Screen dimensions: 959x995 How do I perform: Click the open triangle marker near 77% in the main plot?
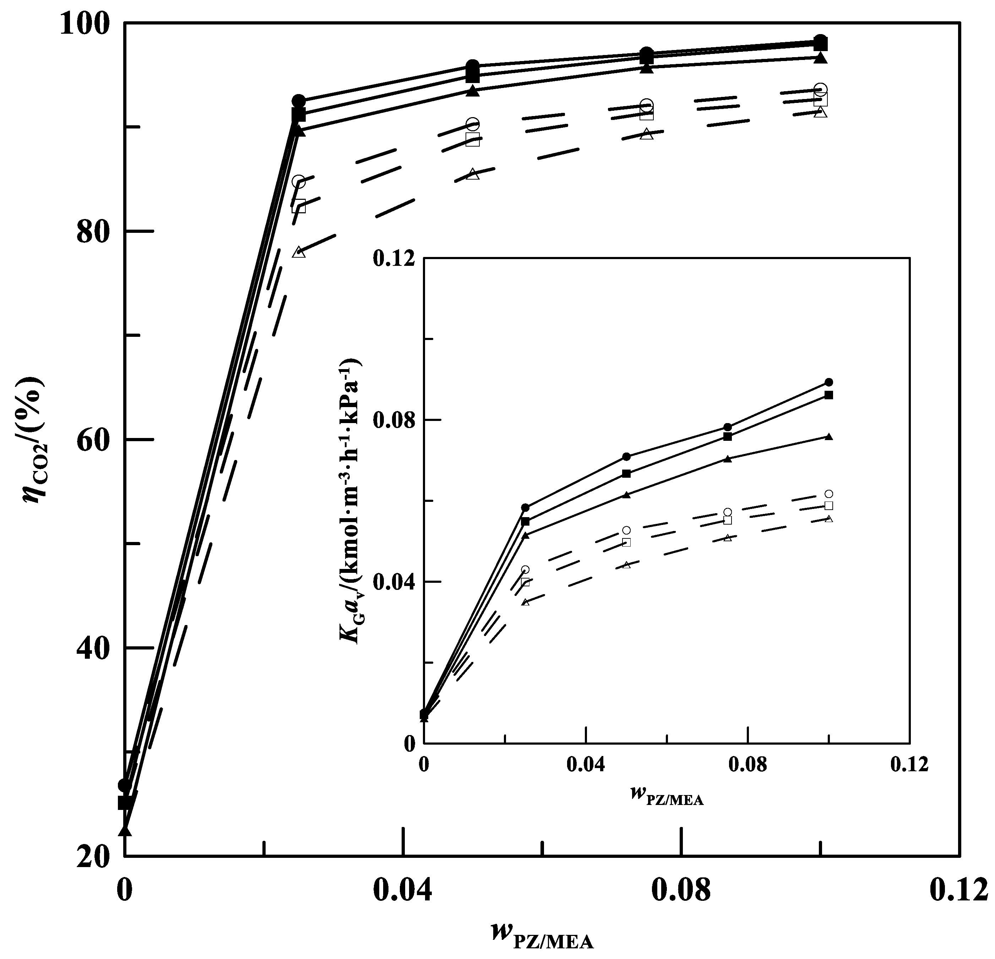click(299, 252)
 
